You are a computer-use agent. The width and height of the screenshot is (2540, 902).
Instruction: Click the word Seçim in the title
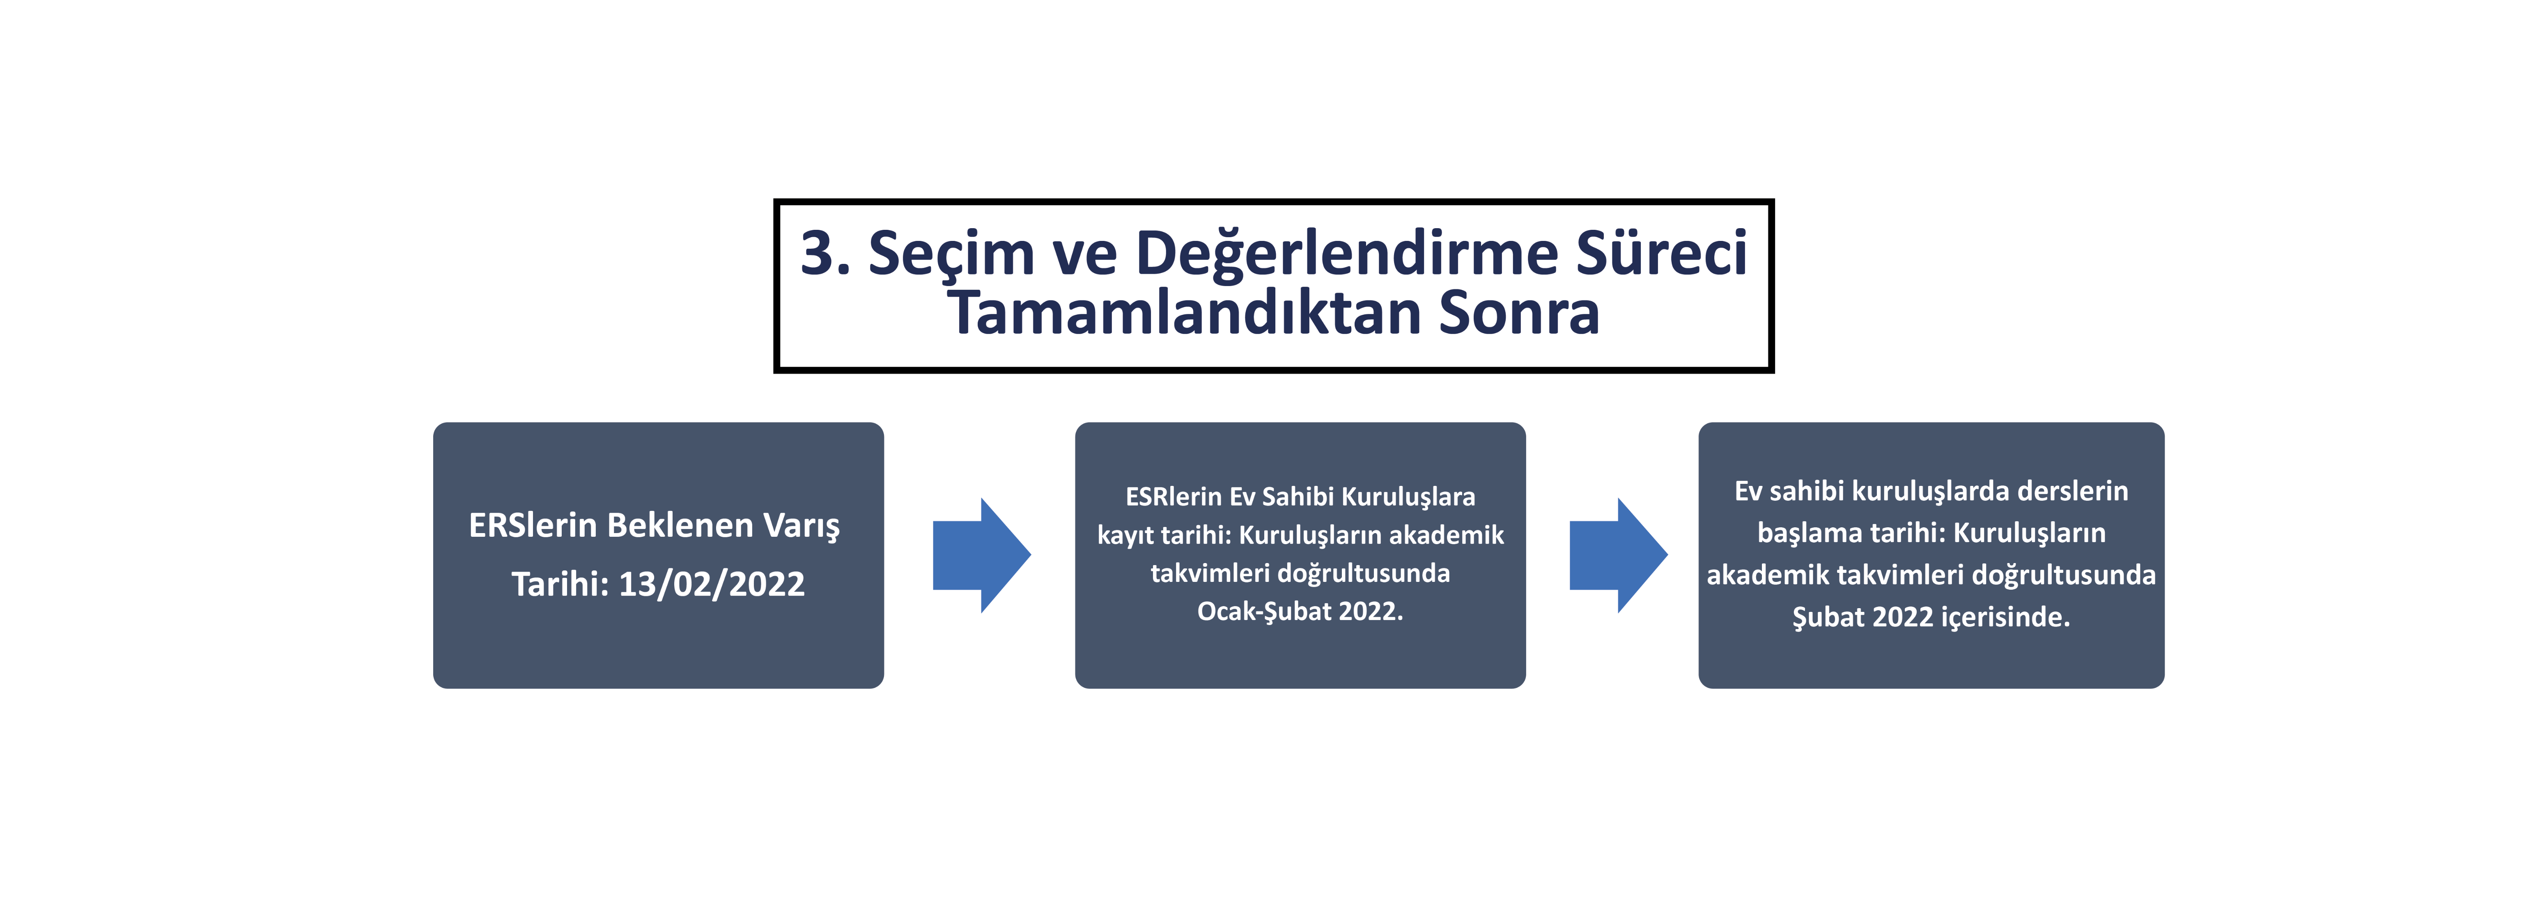click(x=951, y=253)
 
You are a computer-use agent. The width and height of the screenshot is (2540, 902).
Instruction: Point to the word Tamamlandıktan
click(x=1183, y=314)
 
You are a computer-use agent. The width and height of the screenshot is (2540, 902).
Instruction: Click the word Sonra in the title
click(x=1518, y=314)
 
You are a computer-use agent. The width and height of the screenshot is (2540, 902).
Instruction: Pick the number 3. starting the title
click(x=824, y=253)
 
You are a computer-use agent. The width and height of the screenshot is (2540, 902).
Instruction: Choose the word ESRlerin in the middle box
click(x=1174, y=497)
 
